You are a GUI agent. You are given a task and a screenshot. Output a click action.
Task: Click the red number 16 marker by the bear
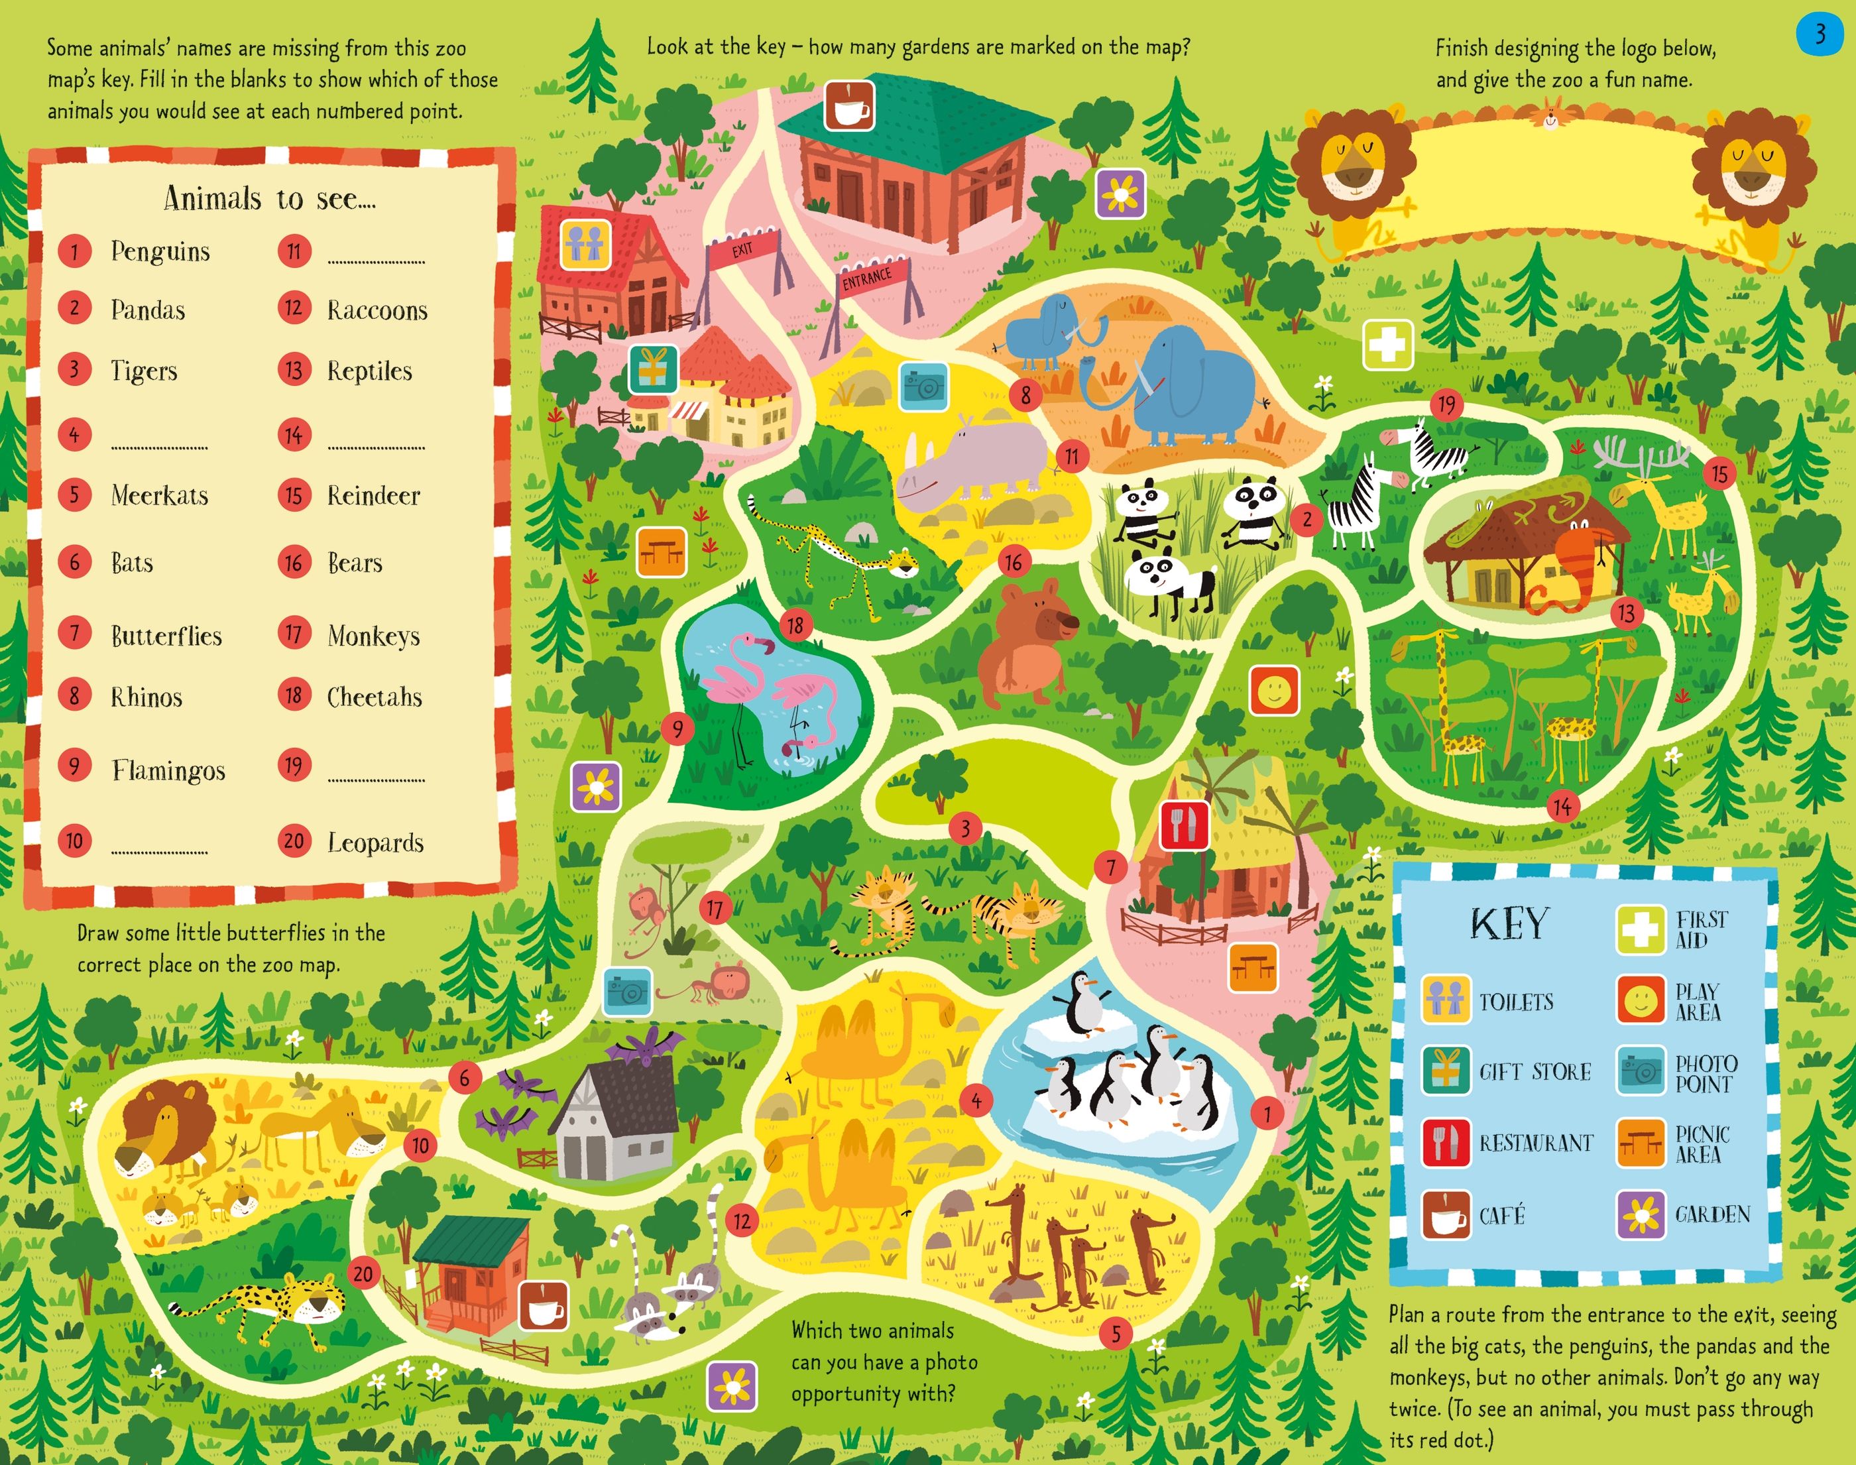[1014, 563]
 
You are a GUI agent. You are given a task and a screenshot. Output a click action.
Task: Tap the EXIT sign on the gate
[743, 249]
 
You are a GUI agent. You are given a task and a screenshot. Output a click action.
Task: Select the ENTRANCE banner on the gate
[866, 278]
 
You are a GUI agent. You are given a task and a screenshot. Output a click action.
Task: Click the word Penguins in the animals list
[160, 251]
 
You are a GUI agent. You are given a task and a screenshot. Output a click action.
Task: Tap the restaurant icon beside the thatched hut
[1185, 827]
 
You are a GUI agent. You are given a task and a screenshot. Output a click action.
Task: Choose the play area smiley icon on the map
[1273, 689]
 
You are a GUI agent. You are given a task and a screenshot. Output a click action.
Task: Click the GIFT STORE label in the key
[1535, 1072]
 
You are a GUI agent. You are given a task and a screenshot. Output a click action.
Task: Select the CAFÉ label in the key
[1502, 1214]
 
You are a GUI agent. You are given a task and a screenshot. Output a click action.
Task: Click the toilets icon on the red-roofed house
[586, 243]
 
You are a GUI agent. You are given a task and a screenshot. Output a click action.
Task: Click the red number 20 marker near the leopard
[363, 1273]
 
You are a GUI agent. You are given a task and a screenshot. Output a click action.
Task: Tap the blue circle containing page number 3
[1818, 34]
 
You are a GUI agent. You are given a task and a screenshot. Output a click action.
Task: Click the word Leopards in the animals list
[376, 843]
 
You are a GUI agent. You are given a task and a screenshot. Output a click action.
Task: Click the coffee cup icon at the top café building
[849, 106]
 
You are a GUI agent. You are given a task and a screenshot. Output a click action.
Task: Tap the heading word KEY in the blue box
[1509, 924]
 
